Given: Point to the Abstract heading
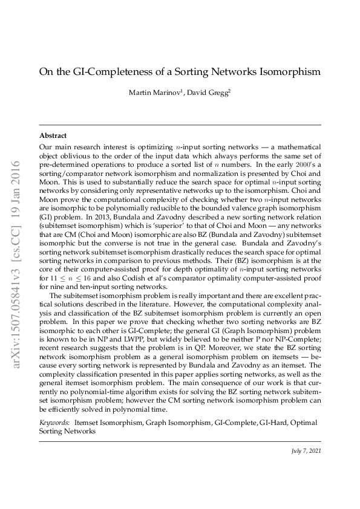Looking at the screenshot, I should point(53,135).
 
